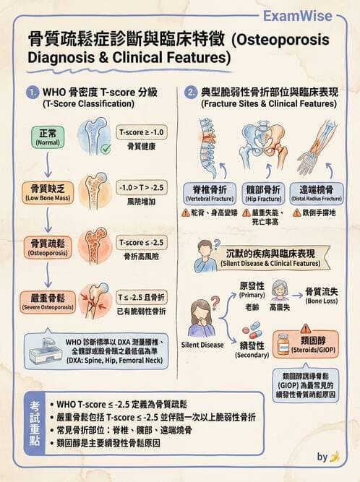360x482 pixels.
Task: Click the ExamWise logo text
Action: [x=307, y=16]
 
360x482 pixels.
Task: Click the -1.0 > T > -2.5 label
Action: [x=142, y=187]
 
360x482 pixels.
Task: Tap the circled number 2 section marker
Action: [x=191, y=92]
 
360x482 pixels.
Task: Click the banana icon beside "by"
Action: [x=335, y=457]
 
